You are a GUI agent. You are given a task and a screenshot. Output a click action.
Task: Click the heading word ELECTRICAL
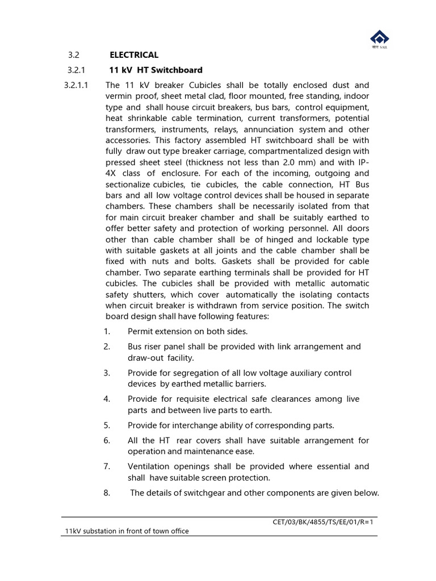133,55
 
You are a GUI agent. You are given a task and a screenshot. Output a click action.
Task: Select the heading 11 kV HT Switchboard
155,70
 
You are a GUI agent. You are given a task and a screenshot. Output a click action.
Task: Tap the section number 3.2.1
76,70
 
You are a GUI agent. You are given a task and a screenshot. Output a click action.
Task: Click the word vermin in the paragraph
118,96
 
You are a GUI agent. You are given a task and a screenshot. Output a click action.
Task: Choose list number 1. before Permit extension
107,331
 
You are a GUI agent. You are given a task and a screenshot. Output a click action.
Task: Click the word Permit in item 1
140,331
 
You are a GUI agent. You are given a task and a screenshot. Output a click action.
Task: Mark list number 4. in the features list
107,399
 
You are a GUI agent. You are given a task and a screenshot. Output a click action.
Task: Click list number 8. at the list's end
107,492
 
